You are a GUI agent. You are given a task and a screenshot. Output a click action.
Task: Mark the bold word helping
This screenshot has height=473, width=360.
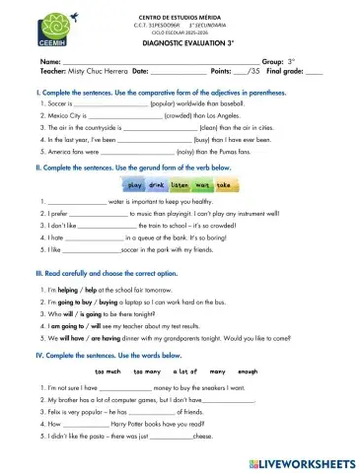tap(70, 292)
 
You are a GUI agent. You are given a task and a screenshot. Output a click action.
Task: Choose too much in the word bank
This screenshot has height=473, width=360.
tap(108, 372)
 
